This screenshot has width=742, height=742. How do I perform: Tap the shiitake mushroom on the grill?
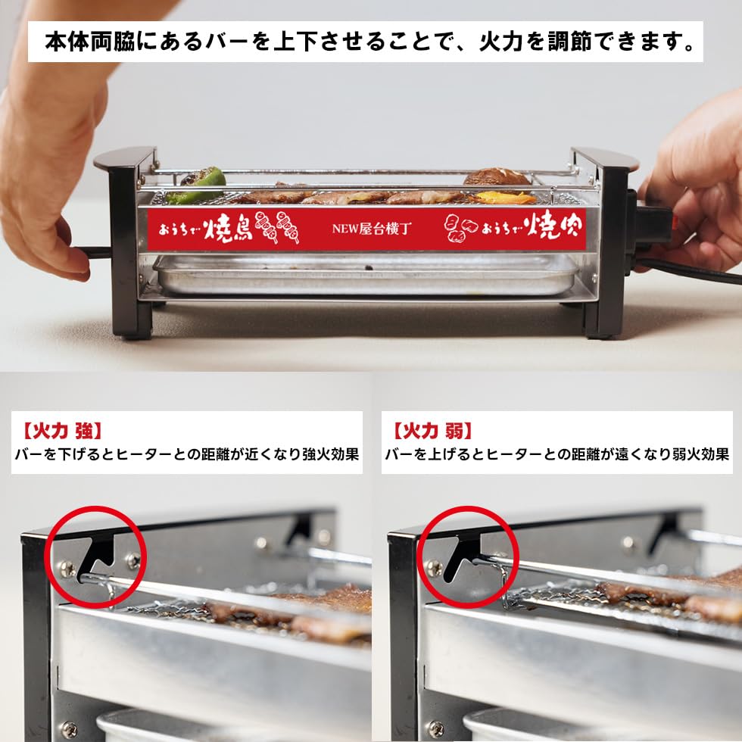[x=497, y=177]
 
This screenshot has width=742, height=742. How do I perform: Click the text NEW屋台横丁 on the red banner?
[x=371, y=228]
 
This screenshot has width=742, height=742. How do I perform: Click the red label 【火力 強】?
[x=61, y=432]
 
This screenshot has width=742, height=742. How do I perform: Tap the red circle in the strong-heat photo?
[x=96, y=557]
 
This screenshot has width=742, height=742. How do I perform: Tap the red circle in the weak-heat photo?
[x=467, y=557]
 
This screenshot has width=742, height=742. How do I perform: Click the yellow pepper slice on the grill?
[x=506, y=198]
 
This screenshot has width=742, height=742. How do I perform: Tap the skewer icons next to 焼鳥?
[x=277, y=227]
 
